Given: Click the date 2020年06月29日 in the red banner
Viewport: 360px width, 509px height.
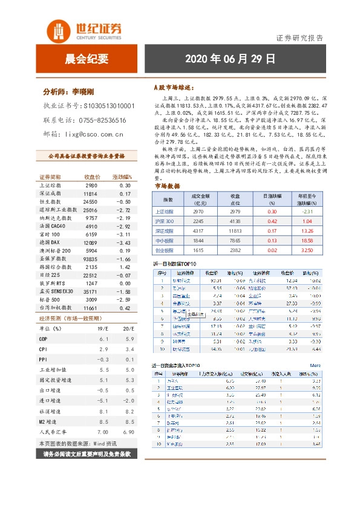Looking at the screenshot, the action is point(229,59).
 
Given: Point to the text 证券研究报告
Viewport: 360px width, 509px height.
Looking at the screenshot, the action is point(300,37).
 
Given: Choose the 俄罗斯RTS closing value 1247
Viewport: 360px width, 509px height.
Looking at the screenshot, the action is point(91,284).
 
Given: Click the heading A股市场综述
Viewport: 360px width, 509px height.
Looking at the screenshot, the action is point(175,88).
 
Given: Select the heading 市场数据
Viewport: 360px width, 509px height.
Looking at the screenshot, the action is point(167,186).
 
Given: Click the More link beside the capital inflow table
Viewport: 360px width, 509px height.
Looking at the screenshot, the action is point(315,365).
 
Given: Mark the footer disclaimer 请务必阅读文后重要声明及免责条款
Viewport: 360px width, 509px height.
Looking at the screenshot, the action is point(87,452).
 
